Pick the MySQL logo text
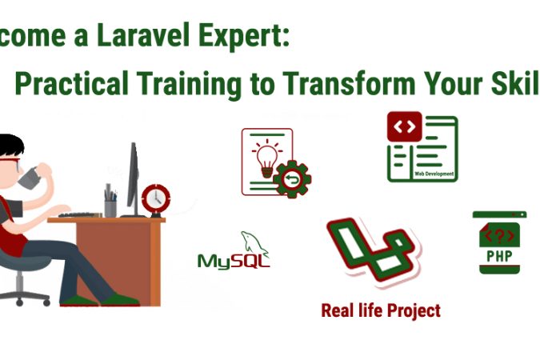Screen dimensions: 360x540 click(x=233, y=261)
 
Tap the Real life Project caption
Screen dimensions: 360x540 click(x=381, y=310)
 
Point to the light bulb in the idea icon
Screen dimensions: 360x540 click(x=265, y=156)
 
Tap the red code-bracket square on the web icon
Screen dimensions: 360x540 click(x=404, y=126)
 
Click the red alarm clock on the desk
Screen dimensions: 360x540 click(x=154, y=197)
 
